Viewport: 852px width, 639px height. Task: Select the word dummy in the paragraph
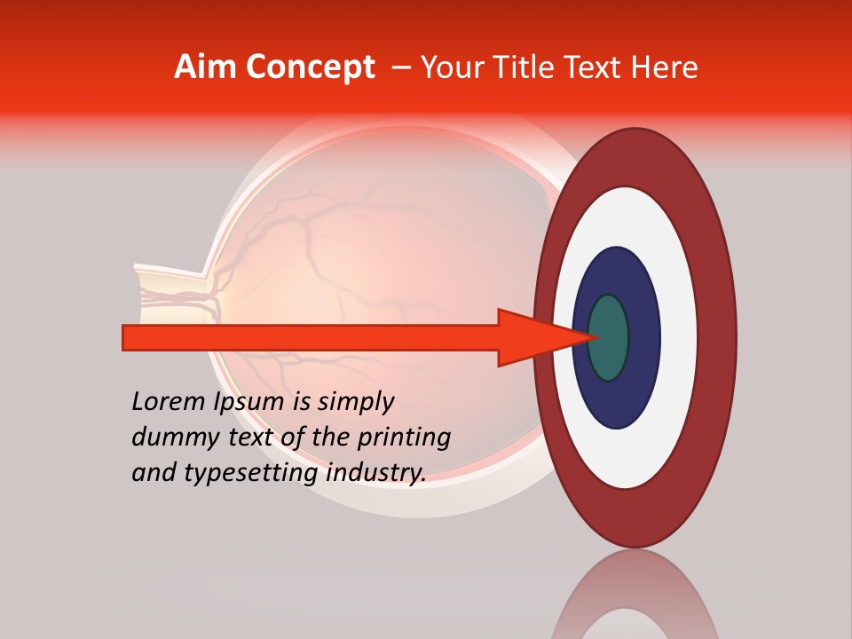[x=171, y=437]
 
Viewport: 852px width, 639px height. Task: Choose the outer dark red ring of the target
[x=715, y=337]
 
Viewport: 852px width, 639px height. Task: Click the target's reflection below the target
[x=635, y=603]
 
